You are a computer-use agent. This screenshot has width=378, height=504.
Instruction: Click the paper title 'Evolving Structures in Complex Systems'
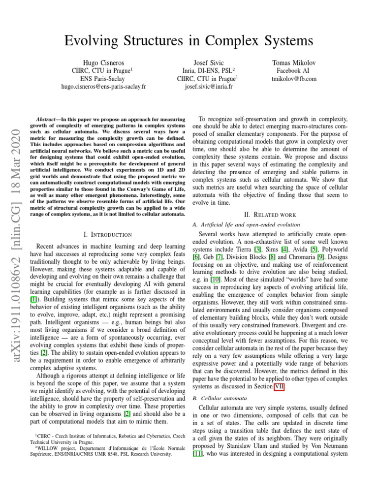tap(189, 40)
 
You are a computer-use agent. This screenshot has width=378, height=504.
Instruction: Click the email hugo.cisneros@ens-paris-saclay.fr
tap(104, 87)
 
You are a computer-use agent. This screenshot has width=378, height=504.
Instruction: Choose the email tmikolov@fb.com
tap(294, 78)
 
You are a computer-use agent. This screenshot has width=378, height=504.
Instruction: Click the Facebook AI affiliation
tap(294, 70)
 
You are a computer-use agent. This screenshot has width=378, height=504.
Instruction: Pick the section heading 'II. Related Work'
tap(274, 214)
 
